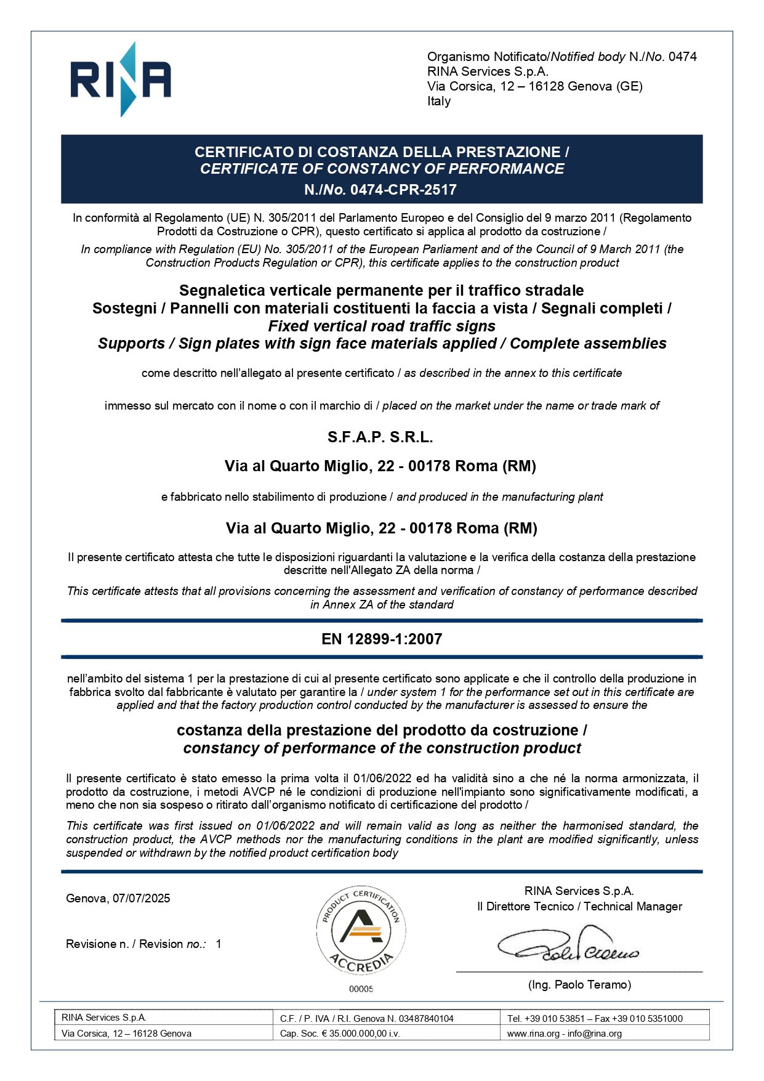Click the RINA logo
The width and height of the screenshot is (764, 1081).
pos(121,79)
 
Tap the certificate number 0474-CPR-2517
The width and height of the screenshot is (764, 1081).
pos(403,190)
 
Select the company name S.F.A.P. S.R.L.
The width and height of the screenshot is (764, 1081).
pos(380,437)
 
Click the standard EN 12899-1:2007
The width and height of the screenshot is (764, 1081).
pos(382,639)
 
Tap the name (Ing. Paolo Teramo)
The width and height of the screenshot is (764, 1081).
pos(579,985)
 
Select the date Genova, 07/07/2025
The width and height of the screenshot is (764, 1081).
pos(118,898)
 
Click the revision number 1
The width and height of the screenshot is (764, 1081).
pos(219,944)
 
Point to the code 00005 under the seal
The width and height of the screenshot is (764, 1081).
pos(361,989)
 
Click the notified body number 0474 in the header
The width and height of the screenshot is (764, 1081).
pos(682,57)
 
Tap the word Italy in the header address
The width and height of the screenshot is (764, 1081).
pos(439,101)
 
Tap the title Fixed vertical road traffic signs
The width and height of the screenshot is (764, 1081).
pos(382,326)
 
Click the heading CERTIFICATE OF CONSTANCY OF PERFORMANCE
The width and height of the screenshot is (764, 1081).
pos(382,169)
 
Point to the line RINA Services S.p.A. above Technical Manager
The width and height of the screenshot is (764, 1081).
pos(579,891)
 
